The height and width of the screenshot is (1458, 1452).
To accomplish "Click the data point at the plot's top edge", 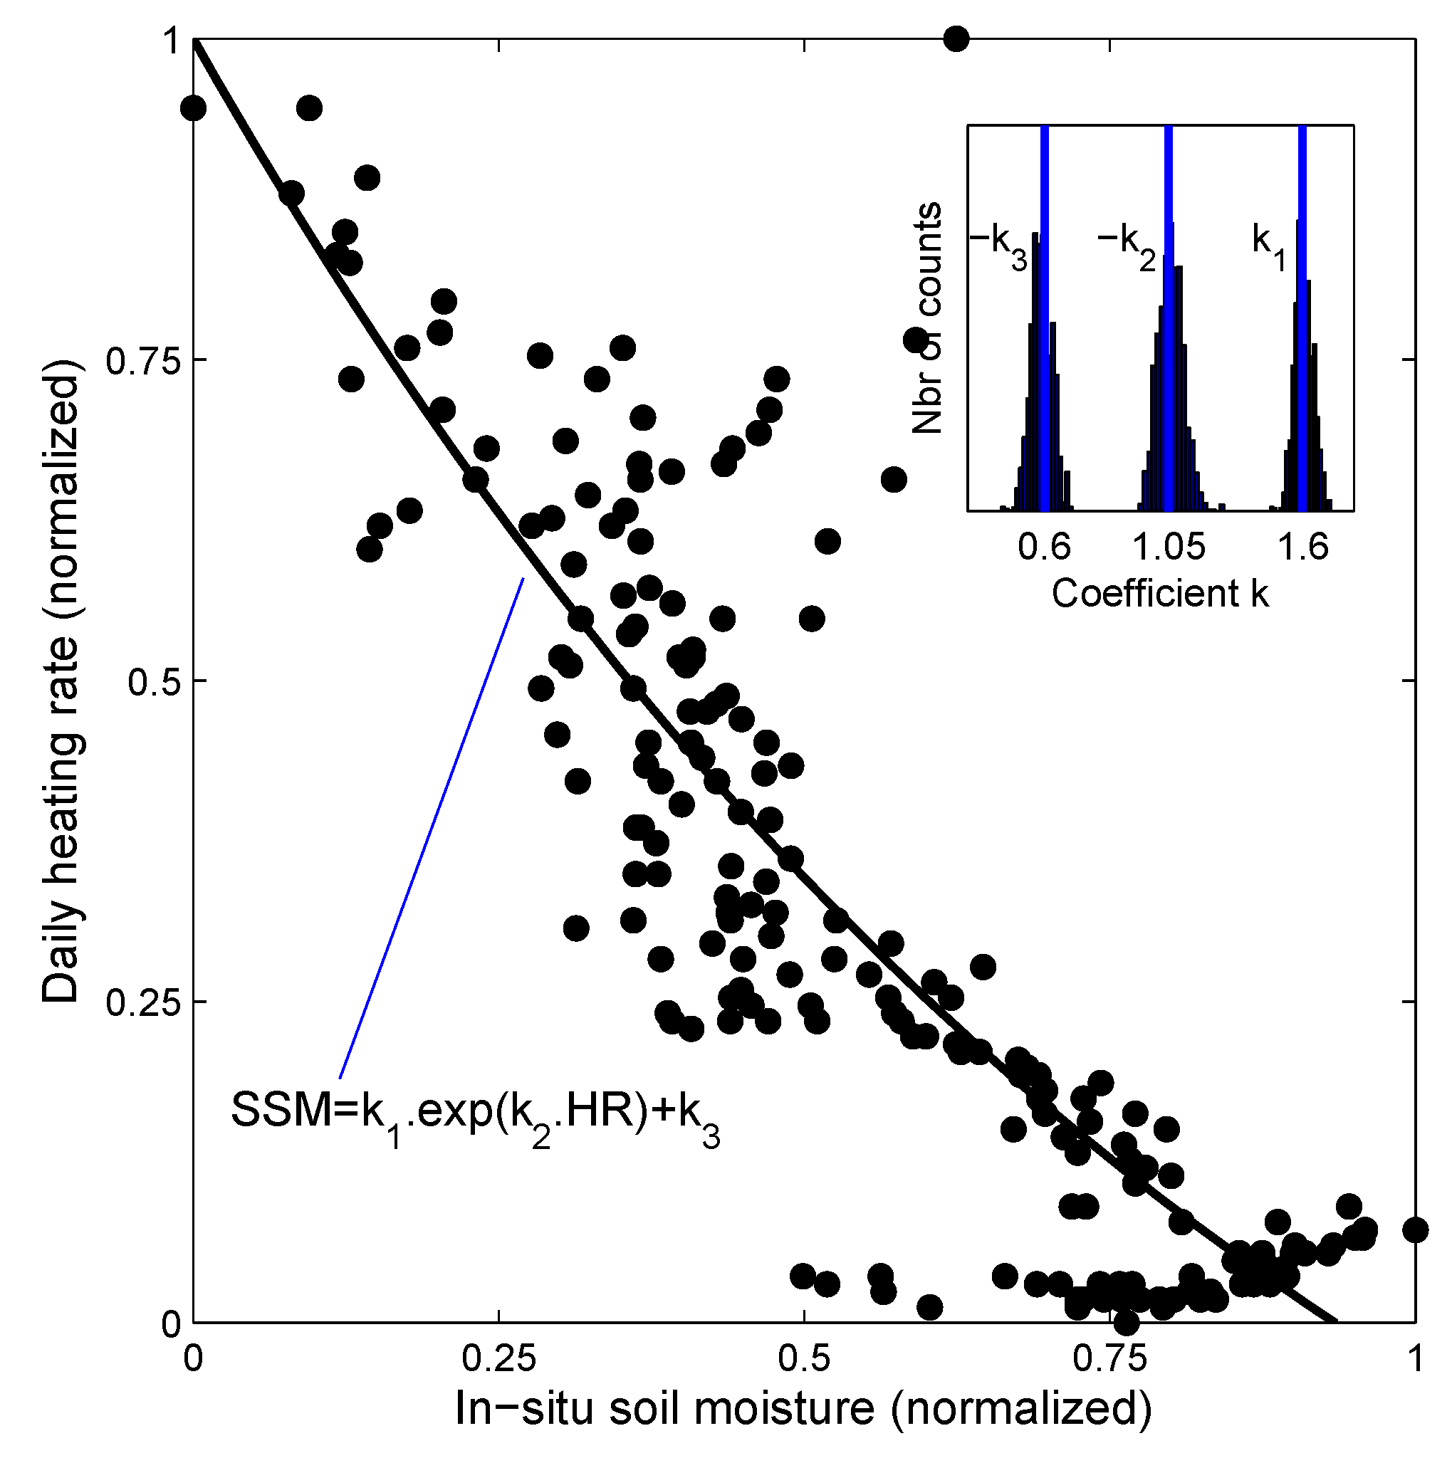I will point(956,38).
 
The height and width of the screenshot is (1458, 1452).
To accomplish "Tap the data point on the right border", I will point(1415,1230).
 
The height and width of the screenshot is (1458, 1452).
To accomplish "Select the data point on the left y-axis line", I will point(194,108).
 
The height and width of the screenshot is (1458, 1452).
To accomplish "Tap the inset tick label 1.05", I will point(1169,546).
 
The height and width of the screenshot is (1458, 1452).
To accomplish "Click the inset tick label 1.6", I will point(1302,546).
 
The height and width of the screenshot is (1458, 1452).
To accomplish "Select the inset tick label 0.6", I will point(1044,546).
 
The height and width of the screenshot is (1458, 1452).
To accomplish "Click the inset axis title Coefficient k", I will point(1160,594).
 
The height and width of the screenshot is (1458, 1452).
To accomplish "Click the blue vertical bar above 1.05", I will point(1169,317).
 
